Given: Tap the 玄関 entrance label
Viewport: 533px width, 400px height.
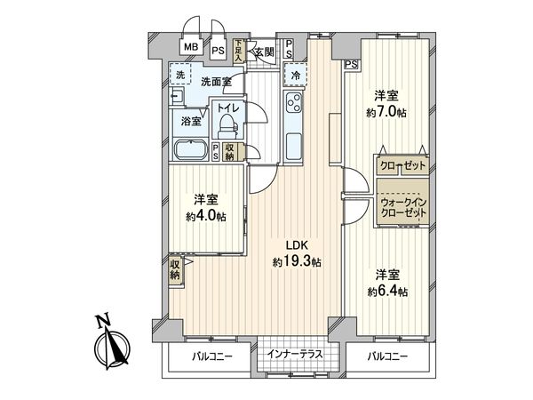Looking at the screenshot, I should pyautogui.click(x=263, y=51).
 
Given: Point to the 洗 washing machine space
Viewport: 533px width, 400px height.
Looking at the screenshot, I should pyautogui.click(x=181, y=75).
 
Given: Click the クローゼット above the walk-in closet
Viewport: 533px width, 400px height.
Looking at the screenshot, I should pyautogui.click(x=402, y=166).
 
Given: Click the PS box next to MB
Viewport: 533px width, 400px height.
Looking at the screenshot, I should pyautogui.click(x=218, y=50).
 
